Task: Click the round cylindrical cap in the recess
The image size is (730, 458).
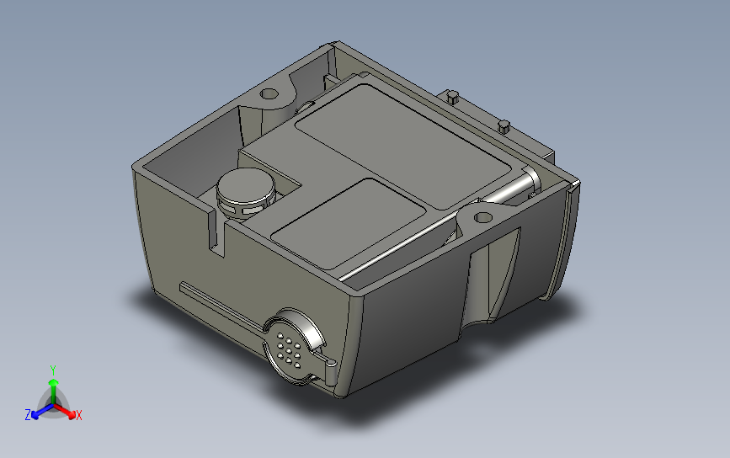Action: point(246,191)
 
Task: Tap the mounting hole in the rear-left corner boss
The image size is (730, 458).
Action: point(269,93)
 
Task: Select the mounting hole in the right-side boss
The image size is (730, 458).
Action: point(483,217)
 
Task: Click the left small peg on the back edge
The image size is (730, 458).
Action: point(452,97)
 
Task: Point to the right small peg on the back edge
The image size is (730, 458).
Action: point(504,126)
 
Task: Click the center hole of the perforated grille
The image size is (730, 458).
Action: point(289,350)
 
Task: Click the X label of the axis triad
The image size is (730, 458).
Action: point(78,415)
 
